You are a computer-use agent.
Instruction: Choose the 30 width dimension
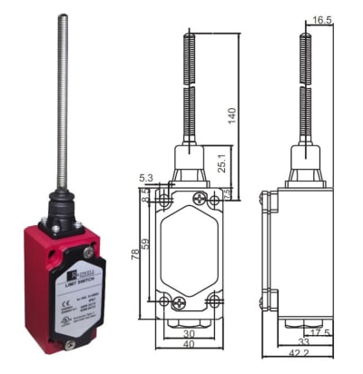(188, 332)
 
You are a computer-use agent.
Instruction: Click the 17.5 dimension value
(344, 332)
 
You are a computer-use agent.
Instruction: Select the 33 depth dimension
(304, 341)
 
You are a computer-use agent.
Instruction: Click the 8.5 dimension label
(145, 194)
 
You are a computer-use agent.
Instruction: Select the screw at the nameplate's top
(88, 252)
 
